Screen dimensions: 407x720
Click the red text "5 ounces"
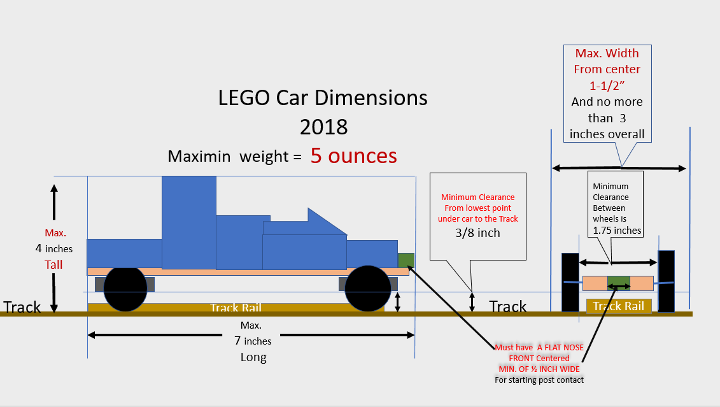point(353,155)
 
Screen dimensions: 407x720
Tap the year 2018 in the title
point(323,126)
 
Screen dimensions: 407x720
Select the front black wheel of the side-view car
point(367,289)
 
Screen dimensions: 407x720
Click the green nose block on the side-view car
point(406,260)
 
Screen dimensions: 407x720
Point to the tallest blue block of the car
point(188,222)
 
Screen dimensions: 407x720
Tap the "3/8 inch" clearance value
point(478,232)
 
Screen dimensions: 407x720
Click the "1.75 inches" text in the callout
point(617,231)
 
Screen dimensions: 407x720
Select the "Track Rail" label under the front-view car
point(618,306)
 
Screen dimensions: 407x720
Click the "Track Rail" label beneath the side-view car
point(236,308)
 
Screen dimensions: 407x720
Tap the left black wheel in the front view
point(570,282)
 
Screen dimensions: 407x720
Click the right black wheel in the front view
point(666,281)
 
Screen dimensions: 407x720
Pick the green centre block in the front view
point(618,283)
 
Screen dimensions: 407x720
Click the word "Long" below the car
point(253,357)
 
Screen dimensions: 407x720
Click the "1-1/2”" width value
point(607,85)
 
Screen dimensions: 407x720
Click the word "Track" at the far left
point(22,307)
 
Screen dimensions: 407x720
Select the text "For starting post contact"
point(539,380)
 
